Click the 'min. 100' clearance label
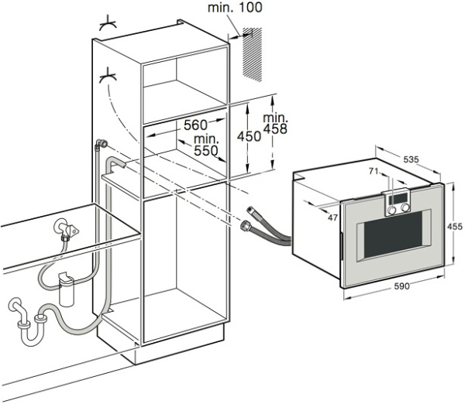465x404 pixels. coord(235,7)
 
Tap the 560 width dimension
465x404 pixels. coord(195,125)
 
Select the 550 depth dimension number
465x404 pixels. coord(206,151)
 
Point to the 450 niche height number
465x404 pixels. coord(249,136)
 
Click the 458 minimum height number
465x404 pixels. coord(275,128)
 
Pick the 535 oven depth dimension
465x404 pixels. coord(411,159)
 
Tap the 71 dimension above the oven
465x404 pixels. coord(374,171)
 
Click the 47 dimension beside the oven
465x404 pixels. coord(332,217)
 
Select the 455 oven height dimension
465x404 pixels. coord(455,227)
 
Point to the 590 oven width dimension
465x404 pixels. coord(401,286)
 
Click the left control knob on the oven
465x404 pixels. coord(391,210)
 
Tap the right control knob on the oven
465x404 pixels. coord(405,208)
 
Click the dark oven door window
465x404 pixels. coord(393,235)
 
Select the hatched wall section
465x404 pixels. coord(252,54)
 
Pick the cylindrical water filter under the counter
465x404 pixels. coord(66,289)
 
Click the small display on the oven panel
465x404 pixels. coord(398,198)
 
